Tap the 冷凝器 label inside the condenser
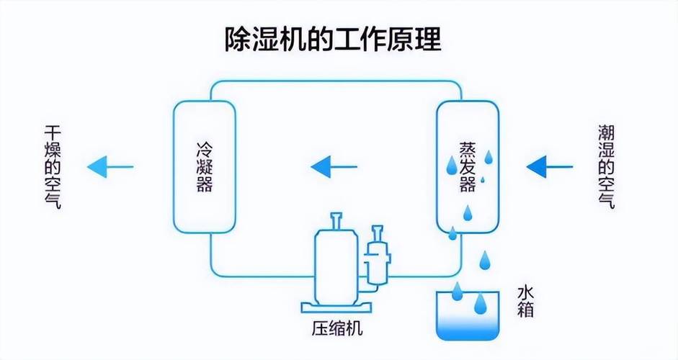(204, 166)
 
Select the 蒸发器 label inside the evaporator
(468, 166)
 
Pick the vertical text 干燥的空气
(52, 166)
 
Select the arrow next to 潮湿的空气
(549, 167)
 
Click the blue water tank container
(467, 315)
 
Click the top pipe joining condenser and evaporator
(335, 79)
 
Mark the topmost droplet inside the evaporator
(489, 157)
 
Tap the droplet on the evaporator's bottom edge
(452, 233)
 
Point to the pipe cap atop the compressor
(336, 217)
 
